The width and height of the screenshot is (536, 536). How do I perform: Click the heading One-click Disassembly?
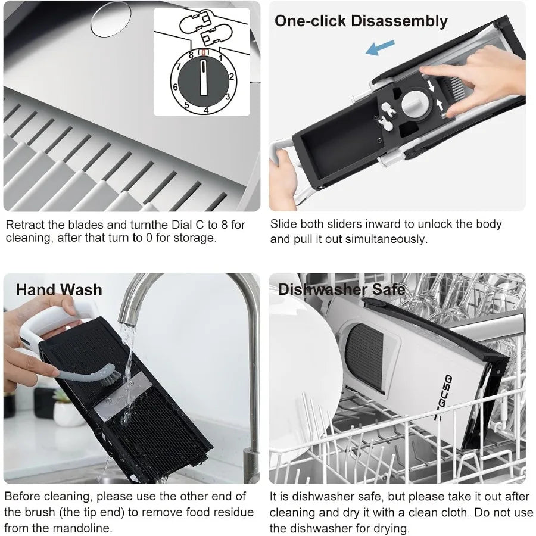(361, 21)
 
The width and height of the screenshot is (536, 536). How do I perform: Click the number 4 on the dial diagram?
(205, 110)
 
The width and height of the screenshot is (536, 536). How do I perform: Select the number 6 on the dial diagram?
(175, 87)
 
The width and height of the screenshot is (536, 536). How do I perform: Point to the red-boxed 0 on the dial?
(204, 53)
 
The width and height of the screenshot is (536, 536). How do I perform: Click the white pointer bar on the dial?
(203, 77)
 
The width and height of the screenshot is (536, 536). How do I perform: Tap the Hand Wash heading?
(59, 290)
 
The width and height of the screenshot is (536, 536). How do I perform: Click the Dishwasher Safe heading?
(341, 290)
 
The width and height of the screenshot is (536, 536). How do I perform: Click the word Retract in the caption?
(25, 225)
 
